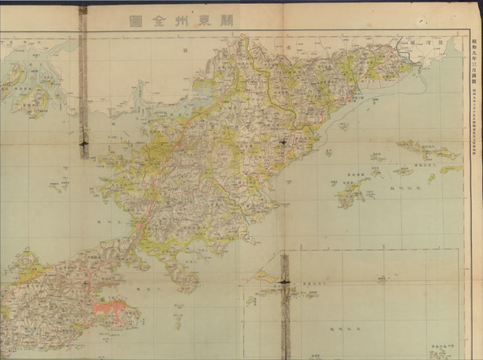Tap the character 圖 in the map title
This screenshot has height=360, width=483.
(134, 23)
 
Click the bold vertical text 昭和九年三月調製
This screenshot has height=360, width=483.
(473, 60)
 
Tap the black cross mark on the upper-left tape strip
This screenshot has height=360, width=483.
(84, 143)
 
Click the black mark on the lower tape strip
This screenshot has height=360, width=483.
(285, 281)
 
